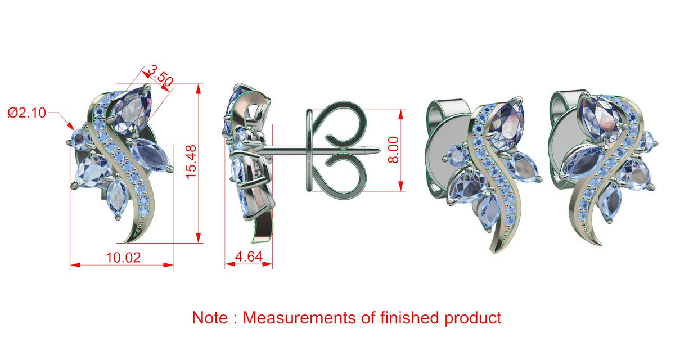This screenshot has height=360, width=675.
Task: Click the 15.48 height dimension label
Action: [191, 163]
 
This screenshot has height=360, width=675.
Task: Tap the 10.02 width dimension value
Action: [123, 258]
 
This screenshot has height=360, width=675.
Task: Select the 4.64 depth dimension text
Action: [249, 256]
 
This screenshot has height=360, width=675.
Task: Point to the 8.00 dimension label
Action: [393, 150]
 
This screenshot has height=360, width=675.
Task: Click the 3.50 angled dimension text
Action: [161, 76]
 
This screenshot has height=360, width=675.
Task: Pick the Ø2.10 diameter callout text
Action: [27, 113]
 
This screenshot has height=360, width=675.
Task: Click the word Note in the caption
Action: [210, 318]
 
